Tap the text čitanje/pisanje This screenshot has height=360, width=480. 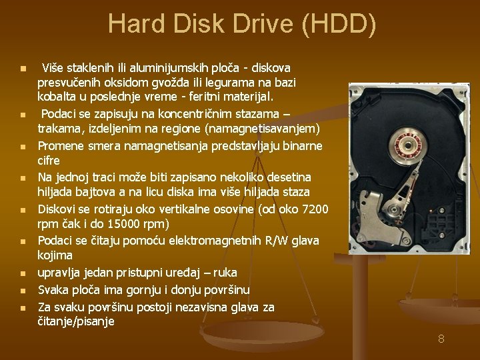click(76, 321)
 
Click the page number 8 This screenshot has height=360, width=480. click(441, 339)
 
